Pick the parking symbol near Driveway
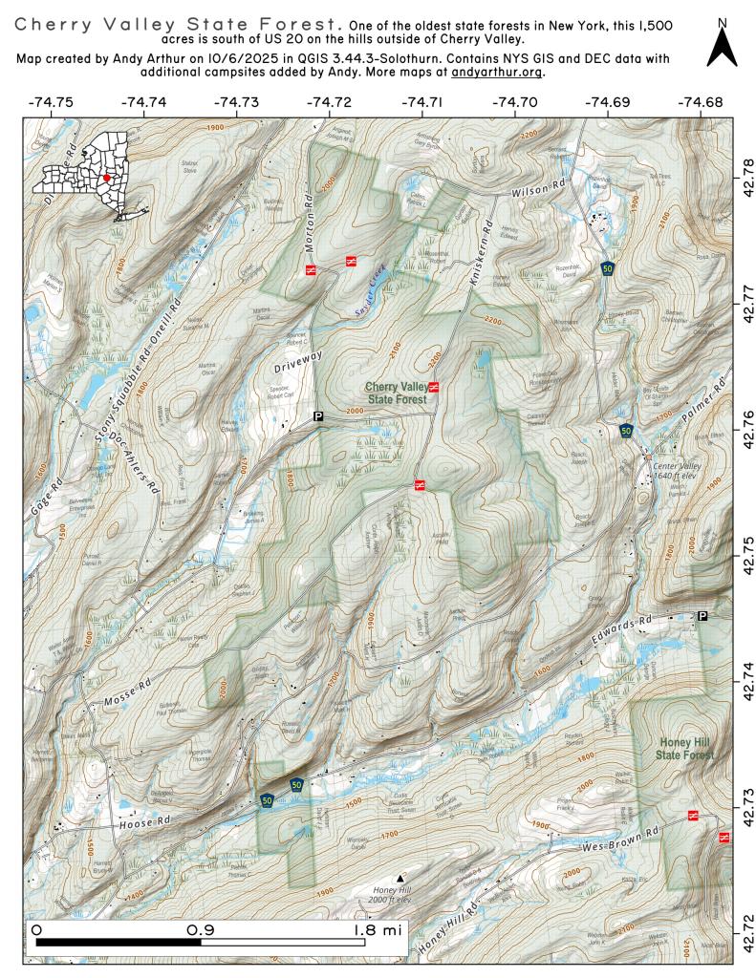point(318,415)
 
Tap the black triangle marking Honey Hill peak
point(400,877)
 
